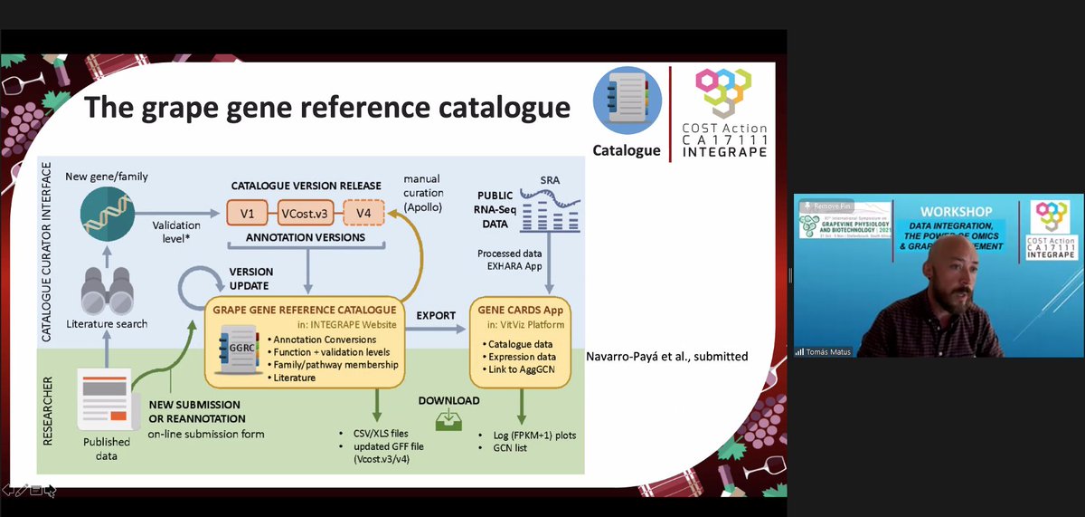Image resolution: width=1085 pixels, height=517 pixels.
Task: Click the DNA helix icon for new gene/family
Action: pos(106,215)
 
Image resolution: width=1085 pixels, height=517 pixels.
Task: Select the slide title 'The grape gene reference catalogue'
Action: pos(326,108)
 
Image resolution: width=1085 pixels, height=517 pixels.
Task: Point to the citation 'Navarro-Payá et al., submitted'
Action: pos(667,356)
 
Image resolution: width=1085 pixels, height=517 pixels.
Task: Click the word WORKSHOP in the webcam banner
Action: pos(957,211)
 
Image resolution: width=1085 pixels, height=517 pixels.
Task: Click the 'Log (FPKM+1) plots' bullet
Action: pos(528,435)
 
